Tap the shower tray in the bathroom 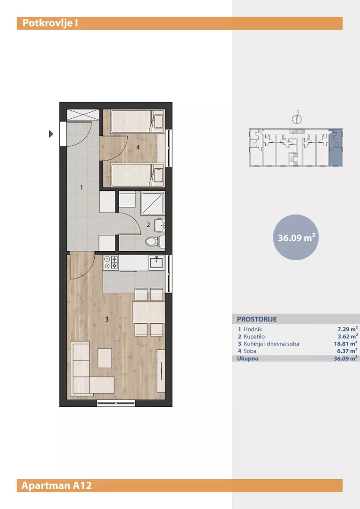[x=153, y=203]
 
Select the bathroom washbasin [x=159, y=225]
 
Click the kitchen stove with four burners [x=111, y=263]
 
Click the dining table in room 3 [x=148, y=312]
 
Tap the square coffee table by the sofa [x=105, y=358]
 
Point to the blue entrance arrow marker [x=50, y=134]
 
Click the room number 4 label [x=138, y=148]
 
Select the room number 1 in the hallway [x=82, y=187]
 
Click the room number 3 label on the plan [x=107, y=320]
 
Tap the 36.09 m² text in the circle [x=296, y=238]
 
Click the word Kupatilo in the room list [x=254, y=337]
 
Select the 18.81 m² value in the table [x=346, y=344]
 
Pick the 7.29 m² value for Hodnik [x=348, y=329]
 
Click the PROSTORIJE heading [x=257, y=319]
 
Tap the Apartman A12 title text [x=57, y=485]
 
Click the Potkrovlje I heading [x=50, y=24]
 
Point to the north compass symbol [x=297, y=118]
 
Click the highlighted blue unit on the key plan [x=335, y=147]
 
